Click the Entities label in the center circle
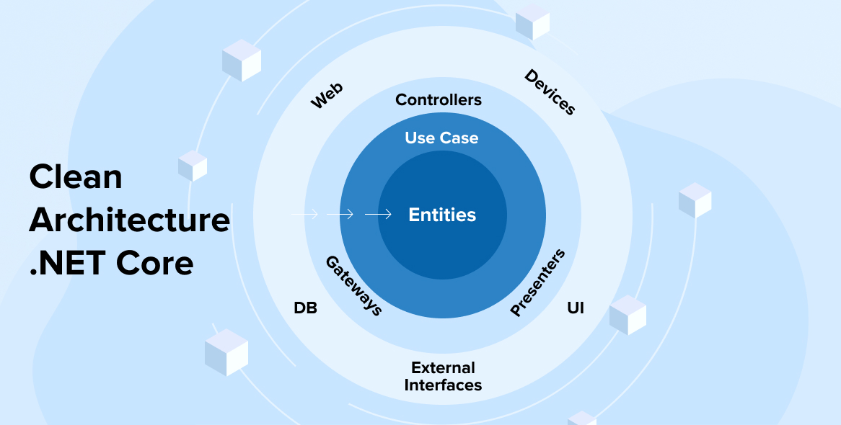(442, 215)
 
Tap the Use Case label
(441, 138)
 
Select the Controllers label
(439, 100)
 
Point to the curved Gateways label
(353, 285)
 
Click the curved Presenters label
(537, 283)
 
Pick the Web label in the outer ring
(327, 96)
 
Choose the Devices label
(550, 92)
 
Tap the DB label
(305, 308)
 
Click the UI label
(575, 308)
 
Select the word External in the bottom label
(443, 368)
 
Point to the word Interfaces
(443, 385)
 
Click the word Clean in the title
(76, 177)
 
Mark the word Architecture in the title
(130, 220)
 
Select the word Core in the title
(155, 263)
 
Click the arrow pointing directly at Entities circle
(378, 214)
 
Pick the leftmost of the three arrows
(304, 214)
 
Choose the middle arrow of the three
(340, 214)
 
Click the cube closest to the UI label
(628, 315)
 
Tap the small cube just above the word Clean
(193, 166)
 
